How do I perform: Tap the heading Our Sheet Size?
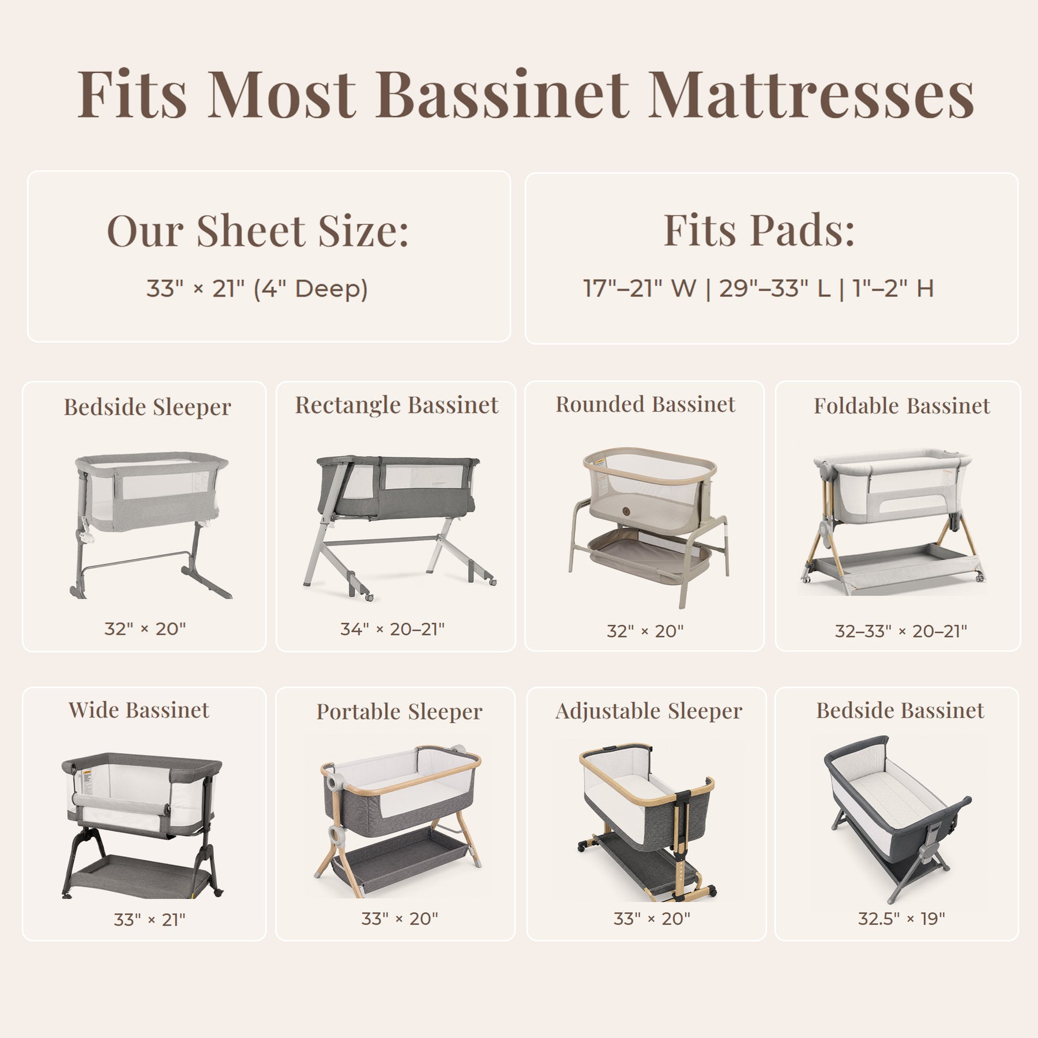click(258, 230)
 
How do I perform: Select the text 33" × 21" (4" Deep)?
click(257, 288)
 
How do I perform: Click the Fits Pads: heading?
click(759, 230)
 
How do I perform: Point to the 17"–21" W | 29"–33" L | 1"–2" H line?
click(758, 288)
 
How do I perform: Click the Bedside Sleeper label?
click(148, 407)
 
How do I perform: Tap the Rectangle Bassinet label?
click(397, 405)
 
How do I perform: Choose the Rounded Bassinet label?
click(645, 404)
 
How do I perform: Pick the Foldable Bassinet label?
click(902, 406)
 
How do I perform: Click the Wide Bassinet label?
click(139, 710)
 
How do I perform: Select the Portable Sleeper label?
click(399, 712)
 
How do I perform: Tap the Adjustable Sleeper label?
click(649, 712)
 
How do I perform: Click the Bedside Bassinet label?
click(900, 710)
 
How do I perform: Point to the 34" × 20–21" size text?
click(392, 629)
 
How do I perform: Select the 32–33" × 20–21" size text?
click(901, 631)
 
